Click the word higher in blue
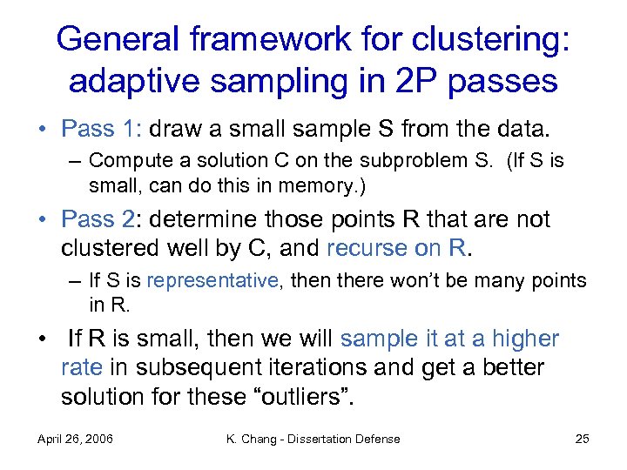click(x=525, y=339)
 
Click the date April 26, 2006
click(x=77, y=439)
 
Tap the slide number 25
click(x=582, y=439)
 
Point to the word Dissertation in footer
click(x=322, y=439)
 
